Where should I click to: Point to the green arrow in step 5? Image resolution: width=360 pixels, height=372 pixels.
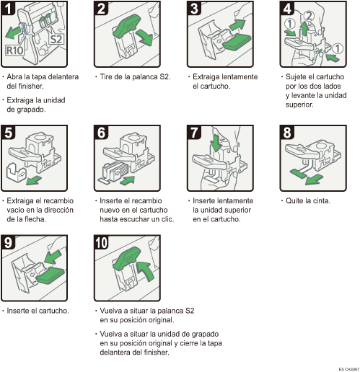coord(33,178)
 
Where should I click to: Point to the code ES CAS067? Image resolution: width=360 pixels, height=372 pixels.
coord(346,368)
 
